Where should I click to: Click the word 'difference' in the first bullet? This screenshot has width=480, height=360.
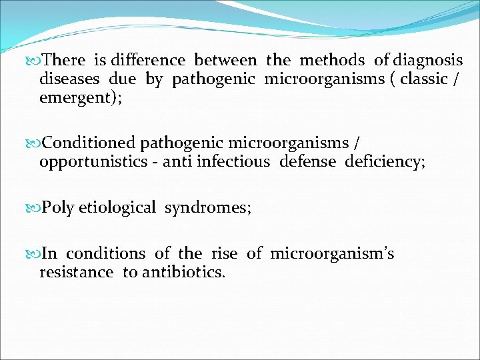(x=148, y=61)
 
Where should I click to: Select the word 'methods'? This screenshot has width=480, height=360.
(x=333, y=61)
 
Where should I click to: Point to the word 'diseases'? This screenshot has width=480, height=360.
(x=69, y=79)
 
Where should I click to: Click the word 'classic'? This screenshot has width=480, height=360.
(x=423, y=79)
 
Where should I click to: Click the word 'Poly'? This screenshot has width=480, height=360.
(x=58, y=208)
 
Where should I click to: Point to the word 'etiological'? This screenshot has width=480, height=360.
(x=117, y=208)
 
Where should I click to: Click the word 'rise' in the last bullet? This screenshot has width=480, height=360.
(x=224, y=254)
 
